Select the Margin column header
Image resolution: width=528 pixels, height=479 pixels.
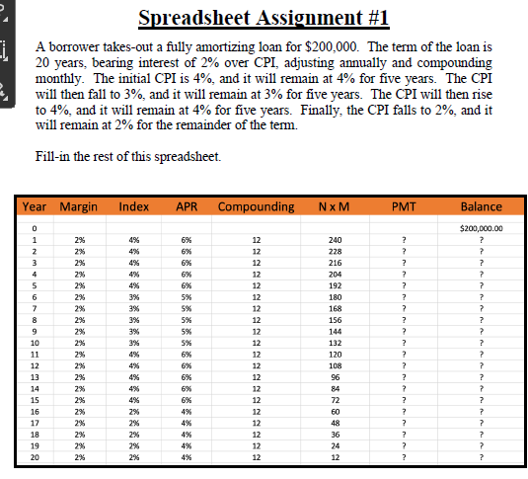(x=79, y=206)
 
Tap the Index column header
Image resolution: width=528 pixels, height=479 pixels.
(x=133, y=206)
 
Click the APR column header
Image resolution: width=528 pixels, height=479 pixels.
(x=186, y=206)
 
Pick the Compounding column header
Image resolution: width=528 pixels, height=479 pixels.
(x=256, y=206)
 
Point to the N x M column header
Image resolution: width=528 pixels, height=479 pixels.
(x=336, y=206)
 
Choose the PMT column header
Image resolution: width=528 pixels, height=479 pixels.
(x=404, y=206)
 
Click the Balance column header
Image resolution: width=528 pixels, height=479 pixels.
(x=482, y=206)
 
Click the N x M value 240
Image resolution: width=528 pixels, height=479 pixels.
(x=336, y=240)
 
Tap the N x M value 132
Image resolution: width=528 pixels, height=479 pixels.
(x=336, y=341)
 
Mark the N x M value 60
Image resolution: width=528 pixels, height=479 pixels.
(x=336, y=412)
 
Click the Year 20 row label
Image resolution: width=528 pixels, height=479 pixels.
(x=35, y=457)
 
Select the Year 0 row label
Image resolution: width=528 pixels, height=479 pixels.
(x=35, y=227)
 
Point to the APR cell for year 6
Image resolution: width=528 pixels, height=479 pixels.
(x=186, y=296)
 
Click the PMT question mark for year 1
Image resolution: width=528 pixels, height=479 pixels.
(x=404, y=240)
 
